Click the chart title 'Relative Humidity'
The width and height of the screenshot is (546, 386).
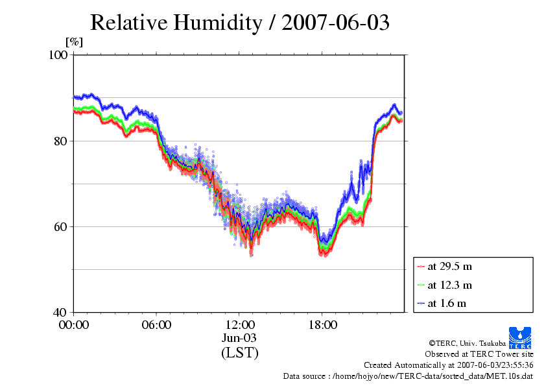point(175,22)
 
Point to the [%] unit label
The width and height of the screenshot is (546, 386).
point(75,42)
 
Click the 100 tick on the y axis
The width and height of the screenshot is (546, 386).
point(59,55)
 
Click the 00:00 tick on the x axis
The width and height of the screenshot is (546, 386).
point(74,324)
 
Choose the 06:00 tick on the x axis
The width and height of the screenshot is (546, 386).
point(157,324)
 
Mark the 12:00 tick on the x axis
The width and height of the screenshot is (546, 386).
point(240,324)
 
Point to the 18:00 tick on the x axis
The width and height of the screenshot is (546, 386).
point(323,324)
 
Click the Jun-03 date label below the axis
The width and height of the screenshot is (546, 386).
point(240,338)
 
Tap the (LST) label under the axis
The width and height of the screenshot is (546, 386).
point(240,353)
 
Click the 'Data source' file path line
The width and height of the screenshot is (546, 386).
point(408,376)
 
